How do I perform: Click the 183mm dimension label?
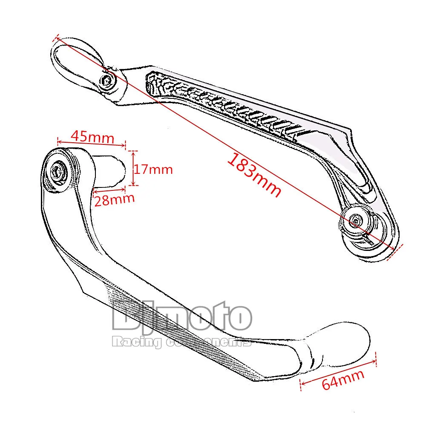[254, 176]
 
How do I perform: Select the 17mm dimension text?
[154, 169]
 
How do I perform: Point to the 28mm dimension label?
[114, 199]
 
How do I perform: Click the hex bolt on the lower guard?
[57, 171]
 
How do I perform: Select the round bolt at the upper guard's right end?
[355, 221]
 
